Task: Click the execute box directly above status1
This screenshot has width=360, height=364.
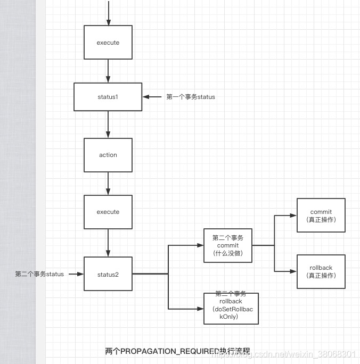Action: pyautogui.click(x=108, y=43)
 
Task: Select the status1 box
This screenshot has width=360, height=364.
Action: pyautogui.click(x=108, y=97)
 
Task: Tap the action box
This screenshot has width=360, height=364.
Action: pyautogui.click(x=108, y=155)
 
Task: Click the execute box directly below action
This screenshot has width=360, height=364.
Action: pyautogui.click(x=108, y=212)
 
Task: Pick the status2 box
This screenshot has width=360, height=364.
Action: pyautogui.click(x=108, y=275)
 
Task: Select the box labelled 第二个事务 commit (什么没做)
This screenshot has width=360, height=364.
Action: pyautogui.click(x=228, y=245)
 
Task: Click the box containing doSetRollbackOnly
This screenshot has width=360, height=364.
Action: pyautogui.click(x=231, y=309)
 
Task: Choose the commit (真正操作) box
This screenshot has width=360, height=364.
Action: pyautogui.click(x=321, y=215)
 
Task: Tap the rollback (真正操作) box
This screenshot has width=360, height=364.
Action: pyautogui.click(x=321, y=271)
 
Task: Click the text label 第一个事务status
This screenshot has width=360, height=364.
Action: pyautogui.click(x=191, y=97)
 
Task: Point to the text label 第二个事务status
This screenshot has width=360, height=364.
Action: pyautogui.click(x=39, y=274)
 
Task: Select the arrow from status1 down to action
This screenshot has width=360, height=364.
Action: pyautogui.click(x=108, y=124)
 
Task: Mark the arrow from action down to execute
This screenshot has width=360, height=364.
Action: pyautogui.click(x=108, y=184)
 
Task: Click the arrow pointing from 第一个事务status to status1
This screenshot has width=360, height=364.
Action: pyautogui.click(x=153, y=97)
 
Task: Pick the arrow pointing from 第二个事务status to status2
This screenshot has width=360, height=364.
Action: pyautogui.click(x=76, y=274)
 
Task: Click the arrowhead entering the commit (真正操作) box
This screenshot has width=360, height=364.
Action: pyautogui.click(x=293, y=216)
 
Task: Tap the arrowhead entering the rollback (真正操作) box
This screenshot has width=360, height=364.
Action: pyautogui.click(x=293, y=271)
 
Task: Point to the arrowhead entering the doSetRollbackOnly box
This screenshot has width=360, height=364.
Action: pyautogui.click(x=200, y=309)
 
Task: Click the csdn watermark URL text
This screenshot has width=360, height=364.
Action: pyautogui.click(x=298, y=354)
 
